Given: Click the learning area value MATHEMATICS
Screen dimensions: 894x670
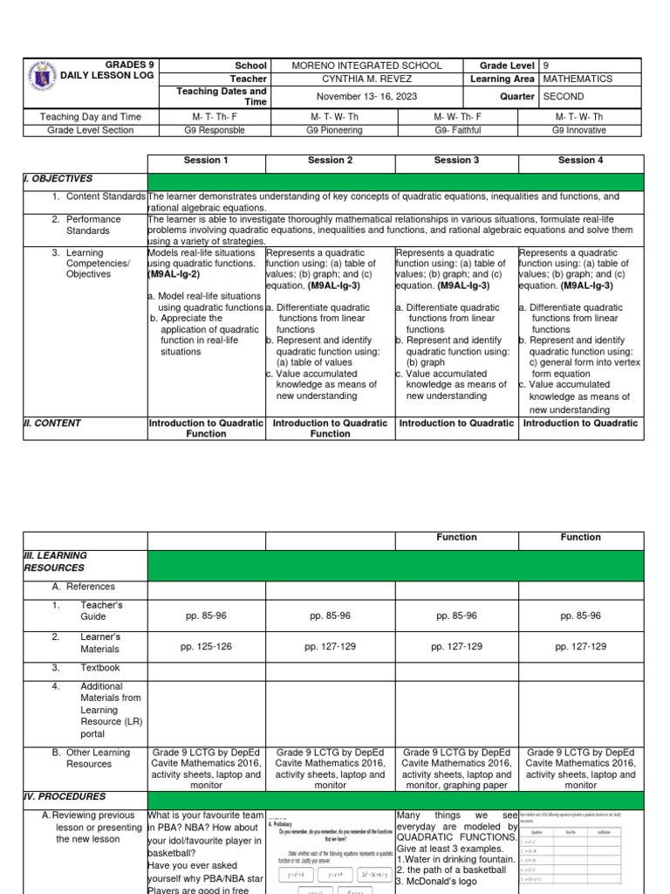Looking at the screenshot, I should (x=578, y=79).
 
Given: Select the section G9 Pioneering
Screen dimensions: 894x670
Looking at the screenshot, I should (x=331, y=130).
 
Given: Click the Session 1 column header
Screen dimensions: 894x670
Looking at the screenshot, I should (x=206, y=161).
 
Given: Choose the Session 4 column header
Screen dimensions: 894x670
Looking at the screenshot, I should (x=580, y=161).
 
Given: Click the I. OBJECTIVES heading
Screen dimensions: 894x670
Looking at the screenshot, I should (x=58, y=178).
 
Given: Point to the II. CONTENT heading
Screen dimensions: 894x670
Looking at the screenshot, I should (x=52, y=423).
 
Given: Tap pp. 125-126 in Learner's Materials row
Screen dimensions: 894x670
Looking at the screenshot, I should (x=206, y=647).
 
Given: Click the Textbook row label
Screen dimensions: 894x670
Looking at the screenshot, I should (x=101, y=668).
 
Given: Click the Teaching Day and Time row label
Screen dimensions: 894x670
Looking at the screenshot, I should (x=85, y=116).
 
